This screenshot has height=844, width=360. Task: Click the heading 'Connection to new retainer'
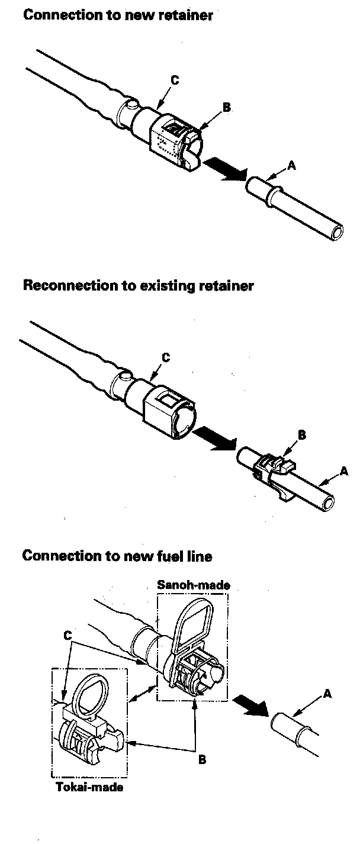click(x=117, y=15)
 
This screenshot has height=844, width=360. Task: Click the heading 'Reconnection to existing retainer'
click(x=138, y=286)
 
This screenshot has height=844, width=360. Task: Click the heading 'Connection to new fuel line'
click(x=117, y=556)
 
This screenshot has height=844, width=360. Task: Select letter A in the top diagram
click(x=291, y=167)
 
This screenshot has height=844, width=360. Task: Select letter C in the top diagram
click(x=175, y=80)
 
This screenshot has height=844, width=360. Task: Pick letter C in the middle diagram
click(x=166, y=357)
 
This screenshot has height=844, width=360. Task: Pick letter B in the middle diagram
click(x=301, y=434)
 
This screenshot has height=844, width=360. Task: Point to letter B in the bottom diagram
click(x=202, y=760)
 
